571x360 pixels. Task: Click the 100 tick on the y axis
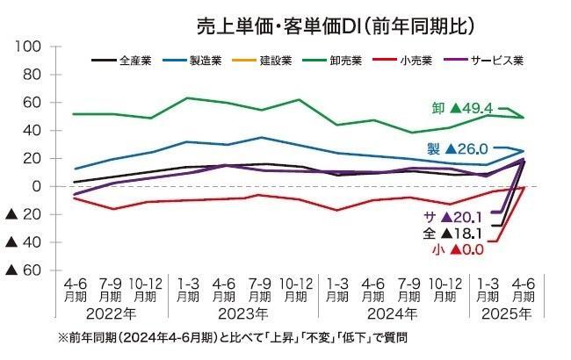click(x=29, y=47)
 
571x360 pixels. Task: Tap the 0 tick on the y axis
click(x=38, y=186)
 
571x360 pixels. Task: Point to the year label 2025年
click(x=503, y=313)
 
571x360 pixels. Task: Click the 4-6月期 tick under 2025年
click(x=524, y=291)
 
